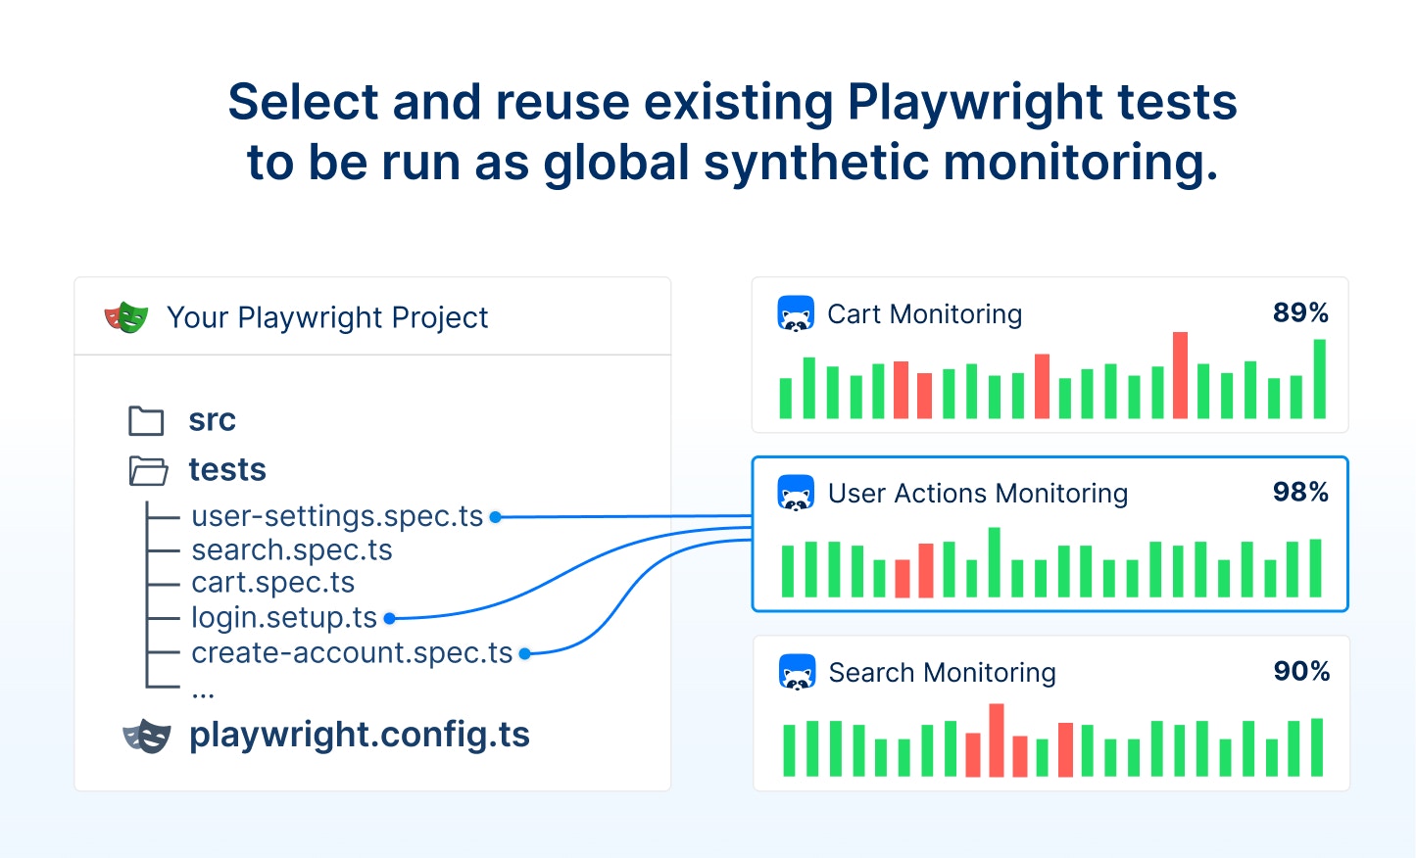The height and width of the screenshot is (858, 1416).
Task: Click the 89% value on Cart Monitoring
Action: pyautogui.click(x=1300, y=312)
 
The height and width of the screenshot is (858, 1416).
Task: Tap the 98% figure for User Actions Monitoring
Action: pyautogui.click(x=1300, y=493)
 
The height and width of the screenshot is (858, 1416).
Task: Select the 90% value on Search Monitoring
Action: pyautogui.click(x=1301, y=671)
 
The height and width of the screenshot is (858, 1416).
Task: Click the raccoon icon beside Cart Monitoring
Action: pyautogui.click(x=796, y=313)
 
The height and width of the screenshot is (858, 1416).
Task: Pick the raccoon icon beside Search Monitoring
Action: pyautogui.click(x=797, y=672)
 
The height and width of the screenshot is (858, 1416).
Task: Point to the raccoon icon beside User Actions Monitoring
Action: pyautogui.click(x=796, y=493)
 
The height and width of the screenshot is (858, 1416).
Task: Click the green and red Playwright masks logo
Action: pyautogui.click(x=126, y=317)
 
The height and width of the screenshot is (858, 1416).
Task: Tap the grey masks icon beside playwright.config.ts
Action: pyautogui.click(x=147, y=737)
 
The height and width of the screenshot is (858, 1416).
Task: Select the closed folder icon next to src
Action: pyautogui.click(x=146, y=421)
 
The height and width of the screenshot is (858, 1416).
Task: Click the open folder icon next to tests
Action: pyautogui.click(x=148, y=471)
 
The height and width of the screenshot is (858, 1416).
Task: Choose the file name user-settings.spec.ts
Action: pyautogui.click(x=337, y=516)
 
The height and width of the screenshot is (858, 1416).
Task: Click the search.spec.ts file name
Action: pyautogui.click(x=292, y=550)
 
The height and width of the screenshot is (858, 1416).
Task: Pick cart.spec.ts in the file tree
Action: pyautogui.click(x=273, y=583)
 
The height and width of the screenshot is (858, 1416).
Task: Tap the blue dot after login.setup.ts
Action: pyautogui.click(x=390, y=619)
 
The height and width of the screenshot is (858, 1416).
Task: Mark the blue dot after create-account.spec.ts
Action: pyautogui.click(x=524, y=654)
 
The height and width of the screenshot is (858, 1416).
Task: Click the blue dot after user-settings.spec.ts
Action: pyautogui.click(x=496, y=517)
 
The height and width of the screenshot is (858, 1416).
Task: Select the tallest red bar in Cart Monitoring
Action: pyautogui.click(x=1180, y=375)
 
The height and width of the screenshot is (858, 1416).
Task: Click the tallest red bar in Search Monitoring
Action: pyautogui.click(x=997, y=740)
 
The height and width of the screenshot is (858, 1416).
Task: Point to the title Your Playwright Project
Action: pyautogui.click(x=327, y=317)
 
